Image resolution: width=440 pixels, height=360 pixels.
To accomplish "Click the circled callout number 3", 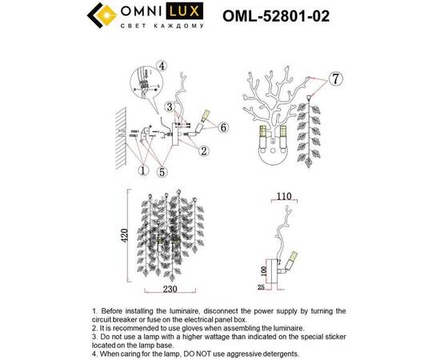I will pyautogui.click(x=170, y=107).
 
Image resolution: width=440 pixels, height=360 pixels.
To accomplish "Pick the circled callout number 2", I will pyautogui.click(x=204, y=150).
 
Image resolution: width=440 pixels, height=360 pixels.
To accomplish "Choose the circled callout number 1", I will pyautogui.click(x=144, y=169).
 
